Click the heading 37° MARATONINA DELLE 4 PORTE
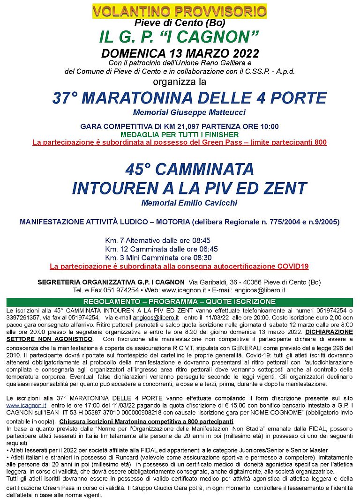(189, 98)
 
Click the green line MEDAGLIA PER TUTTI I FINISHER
(180, 134)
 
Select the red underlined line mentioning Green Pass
(180, 142)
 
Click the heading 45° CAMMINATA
(189, 169)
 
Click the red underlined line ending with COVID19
(179, 266)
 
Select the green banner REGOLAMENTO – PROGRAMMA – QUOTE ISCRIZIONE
(179, 301)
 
